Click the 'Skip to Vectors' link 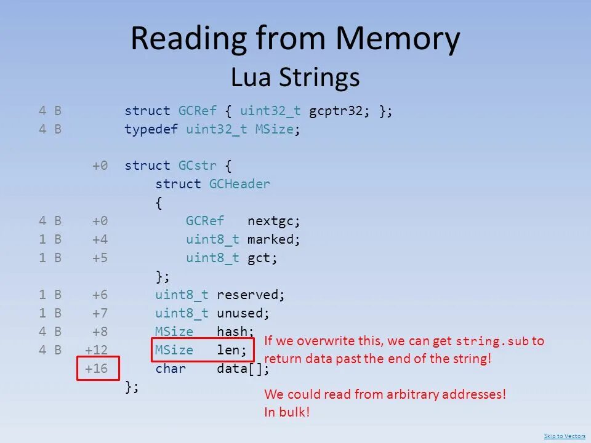tap(565, 436)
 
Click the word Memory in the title tap(398, 39)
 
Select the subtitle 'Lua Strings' tap(295, 78)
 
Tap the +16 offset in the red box tap(97, 369)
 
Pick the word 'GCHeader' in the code tap(239, 184)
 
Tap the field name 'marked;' tap(274, 239)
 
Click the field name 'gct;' tap(263, 258)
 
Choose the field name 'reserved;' tap(251, 295)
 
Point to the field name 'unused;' tap(243, 313)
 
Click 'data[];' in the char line tap(243, 369)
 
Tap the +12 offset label tap(97, 351)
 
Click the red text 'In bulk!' tap(287, 412)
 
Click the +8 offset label tap(100, 332)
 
